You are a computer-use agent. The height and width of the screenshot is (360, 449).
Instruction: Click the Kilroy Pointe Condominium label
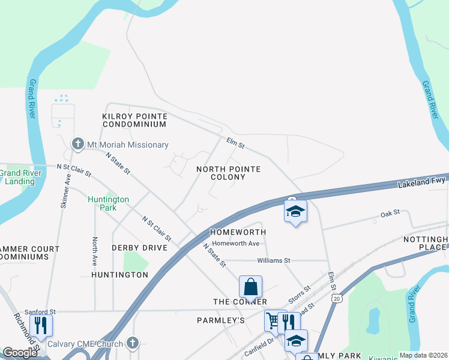coord(134,120)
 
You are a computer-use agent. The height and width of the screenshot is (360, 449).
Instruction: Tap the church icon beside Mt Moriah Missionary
coord(77,144)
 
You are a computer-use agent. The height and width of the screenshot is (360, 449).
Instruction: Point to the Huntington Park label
coord(109,203)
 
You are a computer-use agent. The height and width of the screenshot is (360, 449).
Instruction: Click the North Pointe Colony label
coord(229,173)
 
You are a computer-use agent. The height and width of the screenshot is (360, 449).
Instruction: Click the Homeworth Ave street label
coord(237,243)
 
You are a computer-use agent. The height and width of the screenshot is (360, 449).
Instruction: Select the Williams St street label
coord(273,260)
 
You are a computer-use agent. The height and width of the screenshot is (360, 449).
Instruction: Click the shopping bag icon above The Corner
coord(250,286)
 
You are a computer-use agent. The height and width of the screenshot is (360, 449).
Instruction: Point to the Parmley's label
coord(221,320)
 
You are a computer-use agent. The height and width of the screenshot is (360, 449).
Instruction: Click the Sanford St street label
coord(40,312)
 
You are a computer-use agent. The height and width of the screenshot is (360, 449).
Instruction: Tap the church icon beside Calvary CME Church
coord(133,344)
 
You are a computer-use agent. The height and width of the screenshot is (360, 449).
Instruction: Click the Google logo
coord(20,353)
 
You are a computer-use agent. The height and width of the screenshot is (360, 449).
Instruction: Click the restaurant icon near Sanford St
coord(41,325)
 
